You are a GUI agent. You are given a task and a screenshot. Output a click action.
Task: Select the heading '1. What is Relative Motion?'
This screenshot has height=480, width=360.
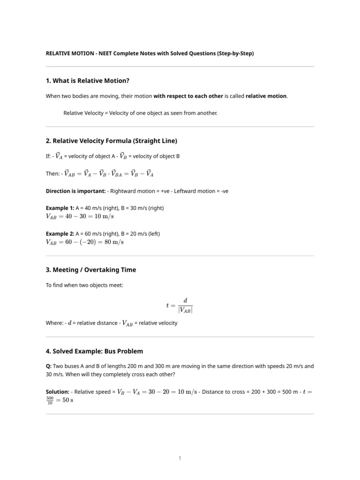pyautogui.click(x=87, y=81)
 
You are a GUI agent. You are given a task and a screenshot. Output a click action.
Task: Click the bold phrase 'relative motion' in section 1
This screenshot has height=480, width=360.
pyautogui.click(x=266, y=96)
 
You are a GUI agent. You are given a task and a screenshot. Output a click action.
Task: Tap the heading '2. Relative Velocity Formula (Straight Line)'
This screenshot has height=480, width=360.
pyautogui.click(x=112, y=141)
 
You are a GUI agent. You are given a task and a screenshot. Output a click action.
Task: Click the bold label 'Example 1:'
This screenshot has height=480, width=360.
pyautogui.click(x=60, y=208)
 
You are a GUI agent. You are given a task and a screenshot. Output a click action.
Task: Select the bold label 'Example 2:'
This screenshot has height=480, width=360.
pyautogui.click(x=60, y=233)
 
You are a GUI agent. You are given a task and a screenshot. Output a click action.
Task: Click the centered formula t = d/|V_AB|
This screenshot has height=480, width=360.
pyautogui.click(x=180, y=305)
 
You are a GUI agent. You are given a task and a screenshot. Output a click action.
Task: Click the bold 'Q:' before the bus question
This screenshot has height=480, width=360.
pyautogui.click(x=49, y=366)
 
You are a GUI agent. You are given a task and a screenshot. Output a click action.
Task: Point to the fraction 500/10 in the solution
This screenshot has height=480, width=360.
pyautogui.click(x=50, y=400)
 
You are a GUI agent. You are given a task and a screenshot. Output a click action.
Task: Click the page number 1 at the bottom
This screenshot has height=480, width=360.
pyautogui.click(x=180, y=458)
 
